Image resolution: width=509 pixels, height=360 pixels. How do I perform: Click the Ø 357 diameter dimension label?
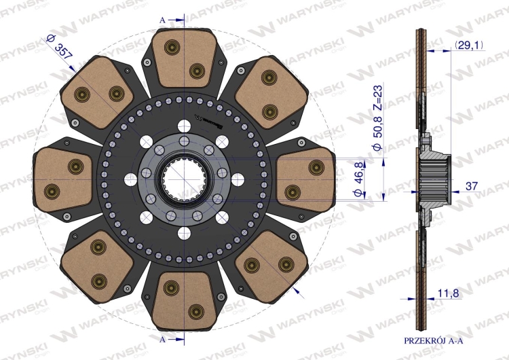click(x=59, y=46)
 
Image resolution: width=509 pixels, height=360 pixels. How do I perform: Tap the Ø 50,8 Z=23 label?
click(x=377, y=118)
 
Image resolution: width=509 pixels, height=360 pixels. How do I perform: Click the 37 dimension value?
click(x=472, y=186)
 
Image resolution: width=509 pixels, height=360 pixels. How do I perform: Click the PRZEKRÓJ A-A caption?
click(x=433, y=340)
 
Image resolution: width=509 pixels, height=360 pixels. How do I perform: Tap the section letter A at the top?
click(x=162, y=20)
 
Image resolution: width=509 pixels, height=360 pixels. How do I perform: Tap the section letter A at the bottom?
click(x=162, y=340)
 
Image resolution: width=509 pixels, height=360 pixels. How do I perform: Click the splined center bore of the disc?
click(x=184, y=179)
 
